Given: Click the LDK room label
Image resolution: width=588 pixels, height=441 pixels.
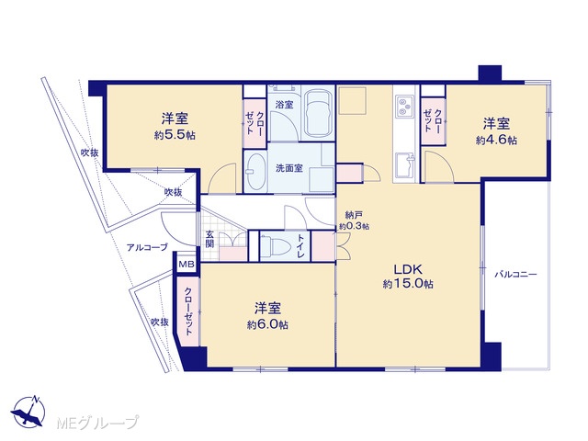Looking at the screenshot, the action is (408, 269).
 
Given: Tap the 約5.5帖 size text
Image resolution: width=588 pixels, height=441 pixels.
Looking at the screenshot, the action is (175, 135).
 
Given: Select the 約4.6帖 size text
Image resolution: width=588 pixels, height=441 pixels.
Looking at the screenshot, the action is (496, 140).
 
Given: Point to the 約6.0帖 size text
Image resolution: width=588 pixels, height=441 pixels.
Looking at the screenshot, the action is (267, 324).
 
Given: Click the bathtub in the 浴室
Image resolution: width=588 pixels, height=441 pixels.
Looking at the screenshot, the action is (318, 114).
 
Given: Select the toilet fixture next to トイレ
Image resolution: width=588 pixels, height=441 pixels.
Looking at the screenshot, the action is (276, 247).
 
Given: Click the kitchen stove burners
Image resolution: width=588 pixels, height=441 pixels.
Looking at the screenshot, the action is (405, 107).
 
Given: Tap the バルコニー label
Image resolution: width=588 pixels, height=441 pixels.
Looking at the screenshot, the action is (515, 275).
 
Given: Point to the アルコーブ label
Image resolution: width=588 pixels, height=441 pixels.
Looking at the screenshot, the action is (147, 247).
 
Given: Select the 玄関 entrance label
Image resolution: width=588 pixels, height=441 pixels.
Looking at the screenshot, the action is (209, 239).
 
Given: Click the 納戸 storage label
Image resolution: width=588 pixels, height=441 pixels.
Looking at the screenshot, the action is (354, 215).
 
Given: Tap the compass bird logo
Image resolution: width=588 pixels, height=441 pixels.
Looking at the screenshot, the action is (28, 413).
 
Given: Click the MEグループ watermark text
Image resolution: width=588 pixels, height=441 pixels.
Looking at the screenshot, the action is (97, 423).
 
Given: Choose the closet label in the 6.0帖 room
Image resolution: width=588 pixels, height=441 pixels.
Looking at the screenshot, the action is (189, 311).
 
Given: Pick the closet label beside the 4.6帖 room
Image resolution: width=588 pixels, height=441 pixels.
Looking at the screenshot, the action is (433, 120).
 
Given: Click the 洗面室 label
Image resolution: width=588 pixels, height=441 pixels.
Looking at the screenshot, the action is (289, 168).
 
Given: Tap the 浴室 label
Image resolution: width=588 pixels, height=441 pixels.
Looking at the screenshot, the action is (284, 105).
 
